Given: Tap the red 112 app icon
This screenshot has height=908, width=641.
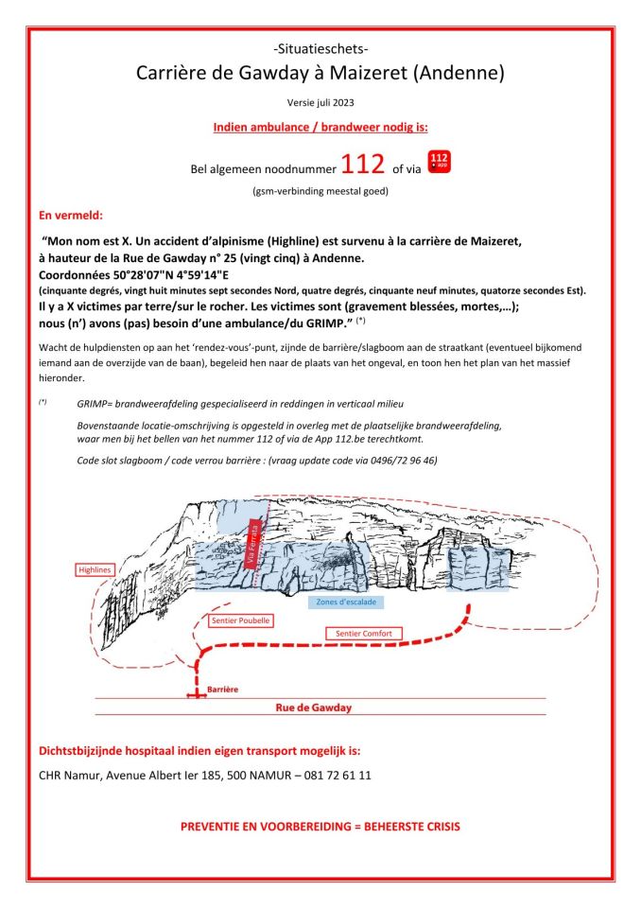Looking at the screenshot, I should tap(440, 161).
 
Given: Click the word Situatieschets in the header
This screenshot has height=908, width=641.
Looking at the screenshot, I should tap(320, 49).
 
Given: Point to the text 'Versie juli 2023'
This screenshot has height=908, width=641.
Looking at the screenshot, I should tap(320, 101).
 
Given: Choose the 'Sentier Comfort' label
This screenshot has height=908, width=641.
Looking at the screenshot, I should tap(364, 633).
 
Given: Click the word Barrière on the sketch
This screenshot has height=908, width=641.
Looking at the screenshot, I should tap(224, 690).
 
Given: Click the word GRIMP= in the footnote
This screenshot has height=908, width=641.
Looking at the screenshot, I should tap(97, 403).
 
